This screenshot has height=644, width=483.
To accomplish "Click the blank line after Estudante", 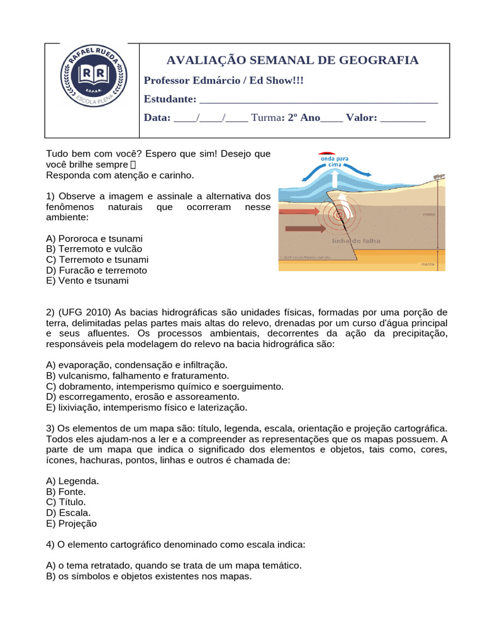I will [318, 100].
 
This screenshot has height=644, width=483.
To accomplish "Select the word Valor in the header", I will [360, 118].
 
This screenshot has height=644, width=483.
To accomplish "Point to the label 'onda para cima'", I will [335, 162].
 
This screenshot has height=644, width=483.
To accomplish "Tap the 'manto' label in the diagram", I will [427, 265].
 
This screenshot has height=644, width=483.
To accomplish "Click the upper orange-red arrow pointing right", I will [299, 212].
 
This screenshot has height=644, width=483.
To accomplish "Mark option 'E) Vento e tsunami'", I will [87, 281].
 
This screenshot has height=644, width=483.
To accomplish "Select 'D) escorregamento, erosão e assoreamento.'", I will [143, 397].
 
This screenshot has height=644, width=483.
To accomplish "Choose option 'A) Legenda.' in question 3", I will [72, 481].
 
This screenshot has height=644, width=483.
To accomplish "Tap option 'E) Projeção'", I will [72, 524].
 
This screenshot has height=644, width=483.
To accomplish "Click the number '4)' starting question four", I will [52, 545].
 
